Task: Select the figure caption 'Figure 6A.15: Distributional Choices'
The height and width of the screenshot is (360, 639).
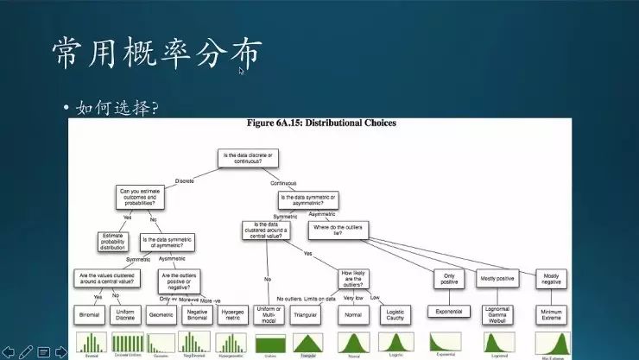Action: [x=319, y=123]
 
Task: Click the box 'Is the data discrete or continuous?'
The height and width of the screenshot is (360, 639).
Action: [x=251, y=158]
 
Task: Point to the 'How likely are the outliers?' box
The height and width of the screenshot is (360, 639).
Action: [x=352, y=278]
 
